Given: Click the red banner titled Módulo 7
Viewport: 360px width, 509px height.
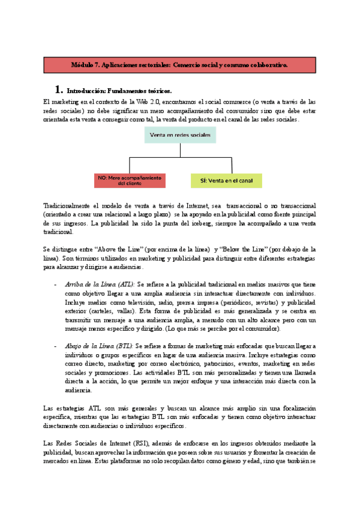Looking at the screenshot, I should (x=179, y=64).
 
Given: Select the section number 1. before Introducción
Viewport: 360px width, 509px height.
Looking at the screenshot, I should (x=59, y=89).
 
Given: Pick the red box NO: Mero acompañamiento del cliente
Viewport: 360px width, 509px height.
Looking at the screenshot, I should (x=130, y=180).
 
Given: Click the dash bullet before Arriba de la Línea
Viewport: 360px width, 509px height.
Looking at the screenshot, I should (x=55, y=284).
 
